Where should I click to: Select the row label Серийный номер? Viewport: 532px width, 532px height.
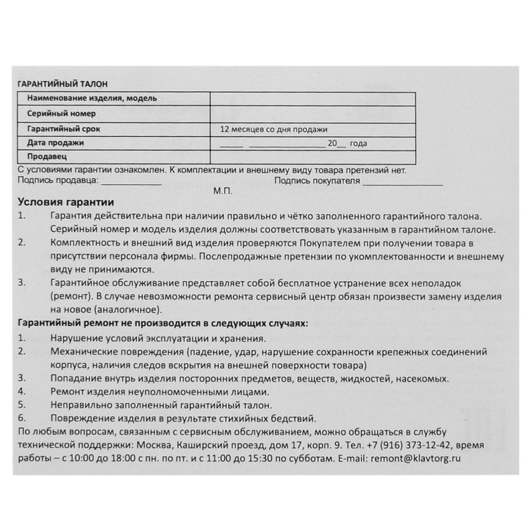61,114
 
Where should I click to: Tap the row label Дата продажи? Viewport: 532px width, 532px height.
56,143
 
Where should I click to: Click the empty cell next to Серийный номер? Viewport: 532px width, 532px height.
313,114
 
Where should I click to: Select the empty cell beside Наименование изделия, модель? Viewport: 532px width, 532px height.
313,98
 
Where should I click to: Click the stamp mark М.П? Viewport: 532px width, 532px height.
222,191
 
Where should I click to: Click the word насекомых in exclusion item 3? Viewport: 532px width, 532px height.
423,378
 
